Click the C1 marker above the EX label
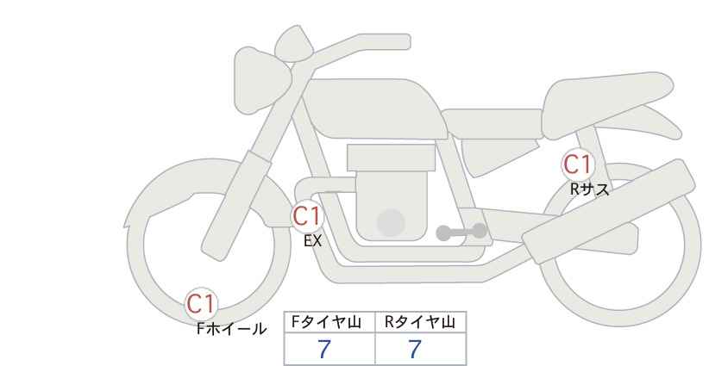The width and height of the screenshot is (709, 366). pyautogui.click(x=307, y=216)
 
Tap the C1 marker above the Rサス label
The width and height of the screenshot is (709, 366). pyautogui.click(x=577, y=164)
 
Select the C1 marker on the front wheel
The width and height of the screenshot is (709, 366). pyautogui.click(x=201, y=304)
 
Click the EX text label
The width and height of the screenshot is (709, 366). pyautogui.click(x=312, y=241)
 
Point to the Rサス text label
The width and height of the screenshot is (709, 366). pyautogui.click(x=589, y=189)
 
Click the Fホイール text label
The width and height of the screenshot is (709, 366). pyautogui.click(x=231, y=329)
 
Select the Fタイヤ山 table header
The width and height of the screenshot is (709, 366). pyautogui.click(x=326, y=322)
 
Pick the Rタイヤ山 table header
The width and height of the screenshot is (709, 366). pyautogui.click(x=420, y=322)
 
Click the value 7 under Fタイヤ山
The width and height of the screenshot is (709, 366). pyautogui.click(x=324, y=349)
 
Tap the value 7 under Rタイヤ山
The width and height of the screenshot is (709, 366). pyautogui.click(x=415, y=349)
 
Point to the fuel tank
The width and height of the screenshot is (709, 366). pyautogui.click(x=374, y=109)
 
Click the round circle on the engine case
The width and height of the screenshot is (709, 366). pyautogui.click(x=391, y=222)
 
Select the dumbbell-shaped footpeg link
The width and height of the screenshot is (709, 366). pyautogui.click(x=461, y=232)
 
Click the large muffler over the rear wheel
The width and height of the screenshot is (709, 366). pyautogui.click(x=609, y=212)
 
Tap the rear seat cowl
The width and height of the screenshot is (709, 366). pyautogui.click(x=608, y=105)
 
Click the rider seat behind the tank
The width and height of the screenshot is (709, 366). pyautogui.click(x=492, y=124)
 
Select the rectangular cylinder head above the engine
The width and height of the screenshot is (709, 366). pyautogui.click(x=391, y=158)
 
